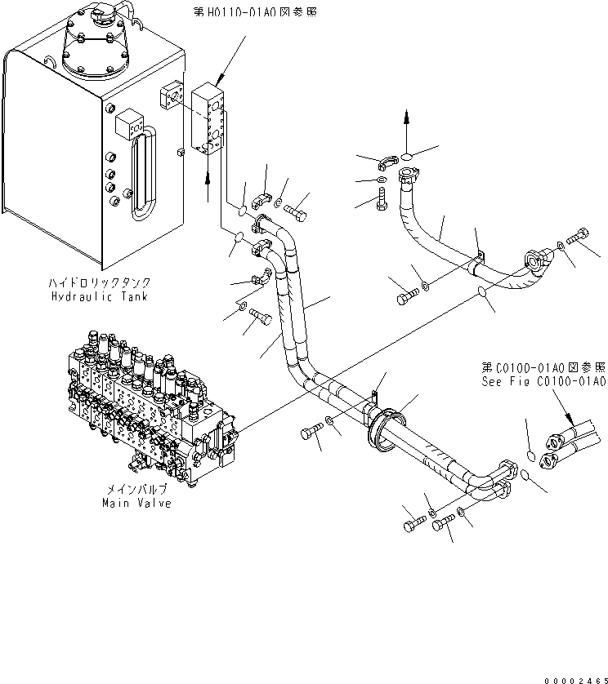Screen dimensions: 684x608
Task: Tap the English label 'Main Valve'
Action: pos(136,504)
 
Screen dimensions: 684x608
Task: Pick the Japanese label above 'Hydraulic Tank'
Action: pos(100,283)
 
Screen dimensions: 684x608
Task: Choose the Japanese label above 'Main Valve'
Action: pos(136,490)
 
